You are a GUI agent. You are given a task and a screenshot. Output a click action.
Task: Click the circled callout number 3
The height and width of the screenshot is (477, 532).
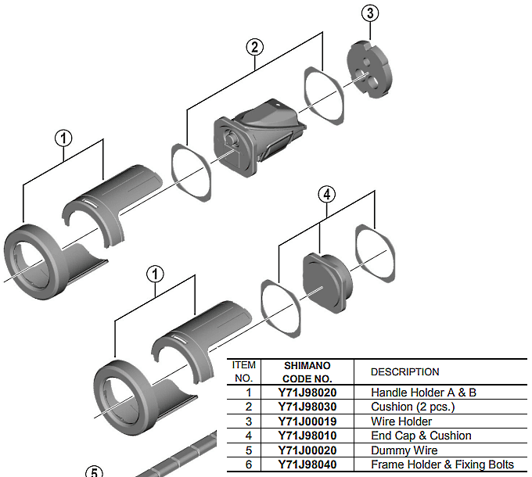pyautogui.click(x=370, y=13)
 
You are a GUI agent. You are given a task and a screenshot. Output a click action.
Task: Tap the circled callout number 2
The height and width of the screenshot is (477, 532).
pyautogui.click(x=254, y=46)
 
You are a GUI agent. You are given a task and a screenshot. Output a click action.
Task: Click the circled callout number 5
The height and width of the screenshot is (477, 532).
pyautogui.click(x=94, y=472)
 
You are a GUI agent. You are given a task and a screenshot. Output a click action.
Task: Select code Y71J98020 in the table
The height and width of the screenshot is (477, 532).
pyautogui.click(x=306, y=393)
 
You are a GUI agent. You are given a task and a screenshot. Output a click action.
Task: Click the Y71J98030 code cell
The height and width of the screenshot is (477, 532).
pyautogui.click(x=306, y=407)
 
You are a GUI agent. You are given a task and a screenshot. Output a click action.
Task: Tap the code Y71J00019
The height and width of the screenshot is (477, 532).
pyautogui.click(x=306, y=421)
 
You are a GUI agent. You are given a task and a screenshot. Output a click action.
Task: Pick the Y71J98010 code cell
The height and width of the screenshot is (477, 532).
pyautogui.click(x=306, y=436)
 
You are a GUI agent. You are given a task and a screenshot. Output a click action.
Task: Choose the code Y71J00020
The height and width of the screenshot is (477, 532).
pyautogui.click(x=306, y=450)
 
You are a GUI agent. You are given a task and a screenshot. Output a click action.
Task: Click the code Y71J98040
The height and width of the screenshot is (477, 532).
pyautogui.click(x=306, y=464)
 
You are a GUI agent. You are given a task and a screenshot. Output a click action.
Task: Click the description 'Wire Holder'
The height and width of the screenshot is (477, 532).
pyautogui.click(x=401, y=421)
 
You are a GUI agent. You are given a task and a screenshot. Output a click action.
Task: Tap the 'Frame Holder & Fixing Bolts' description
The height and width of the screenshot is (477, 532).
pyautogui.click(x=442, y=464)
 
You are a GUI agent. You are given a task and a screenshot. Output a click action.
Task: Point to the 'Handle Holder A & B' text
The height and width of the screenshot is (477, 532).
pyautogui.click(x=423, y=393)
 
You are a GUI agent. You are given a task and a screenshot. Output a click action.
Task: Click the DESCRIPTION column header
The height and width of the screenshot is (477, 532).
pyautogui.click(x=404, y=371)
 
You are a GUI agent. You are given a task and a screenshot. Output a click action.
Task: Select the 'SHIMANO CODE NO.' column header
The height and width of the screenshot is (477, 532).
pyautogui.click(x=306, y=371)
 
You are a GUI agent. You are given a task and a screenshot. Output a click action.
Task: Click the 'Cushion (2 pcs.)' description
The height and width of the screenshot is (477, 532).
pyautogui.click(x=412, y=407)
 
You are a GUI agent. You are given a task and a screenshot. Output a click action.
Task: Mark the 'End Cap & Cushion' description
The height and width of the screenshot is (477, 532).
pyautogui.click(x=421, y=436)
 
